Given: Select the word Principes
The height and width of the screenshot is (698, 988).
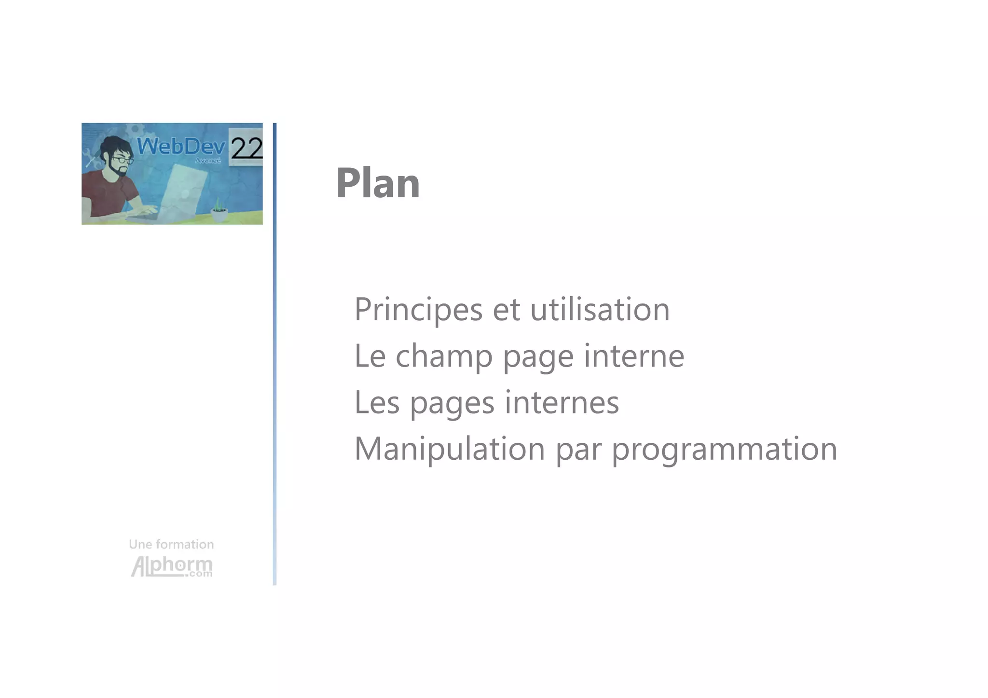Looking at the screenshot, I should [x=418, y=310].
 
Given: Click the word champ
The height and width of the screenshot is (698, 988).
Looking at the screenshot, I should [x=444, y=356].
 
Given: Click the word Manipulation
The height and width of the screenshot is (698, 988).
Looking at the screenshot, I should [x=449, y=449].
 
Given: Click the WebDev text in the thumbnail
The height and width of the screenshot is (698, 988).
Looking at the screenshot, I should [x=181, y=146].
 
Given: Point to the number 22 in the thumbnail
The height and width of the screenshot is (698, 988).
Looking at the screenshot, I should [x=246, y=148].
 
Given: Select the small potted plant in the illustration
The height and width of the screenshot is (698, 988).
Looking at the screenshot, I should [x=220, y=211].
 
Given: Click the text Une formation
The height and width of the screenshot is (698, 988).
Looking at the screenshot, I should [x=171, y=544].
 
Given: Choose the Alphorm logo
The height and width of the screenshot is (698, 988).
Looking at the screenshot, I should [x=172, y=566].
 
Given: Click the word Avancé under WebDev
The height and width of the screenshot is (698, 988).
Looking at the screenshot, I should [x=208, y=160].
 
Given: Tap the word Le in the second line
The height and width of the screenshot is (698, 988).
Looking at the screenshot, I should [x=370, y=356].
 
